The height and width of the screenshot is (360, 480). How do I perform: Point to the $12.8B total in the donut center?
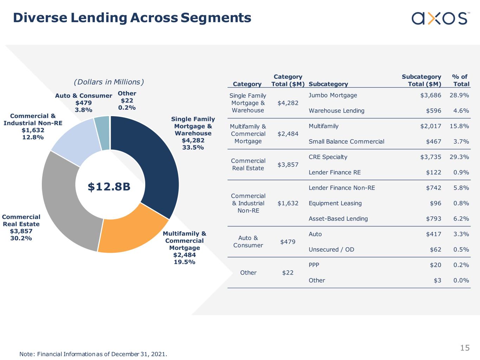pyautogui.click(x=109, y=187)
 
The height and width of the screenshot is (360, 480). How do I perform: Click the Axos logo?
pyautogui.click(x=439, y=18)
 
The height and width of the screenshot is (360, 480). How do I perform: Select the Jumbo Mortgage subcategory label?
pyautogui.click(x=333, y=95)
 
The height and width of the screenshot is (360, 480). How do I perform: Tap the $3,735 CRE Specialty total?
pyautogui.click(x=430, y=157)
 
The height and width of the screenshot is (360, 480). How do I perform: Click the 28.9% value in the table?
pyautogui.click(x=459, y=95)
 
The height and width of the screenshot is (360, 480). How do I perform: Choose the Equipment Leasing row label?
pyautogui.click(x=335, y=203)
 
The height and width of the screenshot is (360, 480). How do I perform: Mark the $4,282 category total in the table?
pyautogui.click(x=288, y=103)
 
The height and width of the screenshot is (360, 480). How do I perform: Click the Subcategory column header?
pyautogui.click(x=328, y=84)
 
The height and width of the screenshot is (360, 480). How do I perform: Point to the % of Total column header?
pyautogui.click(x=461, y=80)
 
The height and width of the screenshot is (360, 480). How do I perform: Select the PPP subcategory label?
pyautogui.click(x=314, y=265)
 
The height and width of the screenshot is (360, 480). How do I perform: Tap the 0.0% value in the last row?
pyautogui.click(x=461, y=280)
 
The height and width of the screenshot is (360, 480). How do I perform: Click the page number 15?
pyautogui.click(x=465, y=348)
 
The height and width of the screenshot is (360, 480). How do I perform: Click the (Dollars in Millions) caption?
pyautogui.click(x=109, y=82)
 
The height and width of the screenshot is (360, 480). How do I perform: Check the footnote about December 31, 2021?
pyautogui.click(x=93, y=354)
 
